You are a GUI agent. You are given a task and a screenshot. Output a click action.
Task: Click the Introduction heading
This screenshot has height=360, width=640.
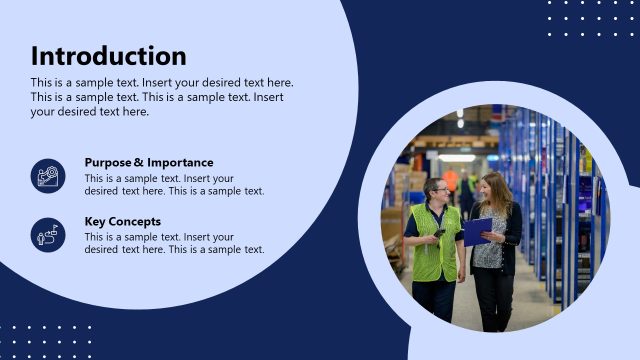point(108,56)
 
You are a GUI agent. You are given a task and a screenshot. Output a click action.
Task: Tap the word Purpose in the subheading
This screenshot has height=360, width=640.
point(107,162)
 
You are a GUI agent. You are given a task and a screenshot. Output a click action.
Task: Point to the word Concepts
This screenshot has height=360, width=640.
point(136,221)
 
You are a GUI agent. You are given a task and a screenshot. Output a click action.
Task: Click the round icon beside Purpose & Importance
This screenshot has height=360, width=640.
point(48,176)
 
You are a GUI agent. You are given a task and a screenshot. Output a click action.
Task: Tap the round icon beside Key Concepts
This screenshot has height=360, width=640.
point(48,235)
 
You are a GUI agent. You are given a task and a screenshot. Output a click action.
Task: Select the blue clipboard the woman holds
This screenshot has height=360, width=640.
point(477,230)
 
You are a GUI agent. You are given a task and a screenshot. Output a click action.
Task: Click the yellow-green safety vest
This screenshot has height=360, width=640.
point(437,244)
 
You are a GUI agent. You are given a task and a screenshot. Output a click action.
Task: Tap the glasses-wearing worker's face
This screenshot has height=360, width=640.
point(437,191)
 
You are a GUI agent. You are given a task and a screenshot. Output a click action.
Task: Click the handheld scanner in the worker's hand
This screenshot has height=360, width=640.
point(438,234)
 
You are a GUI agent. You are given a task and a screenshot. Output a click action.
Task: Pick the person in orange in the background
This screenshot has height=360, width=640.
point(451,182)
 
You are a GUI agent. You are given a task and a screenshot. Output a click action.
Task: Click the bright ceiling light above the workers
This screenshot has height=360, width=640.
point(457,157)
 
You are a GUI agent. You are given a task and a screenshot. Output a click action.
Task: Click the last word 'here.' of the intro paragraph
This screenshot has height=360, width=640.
point(133,112)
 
